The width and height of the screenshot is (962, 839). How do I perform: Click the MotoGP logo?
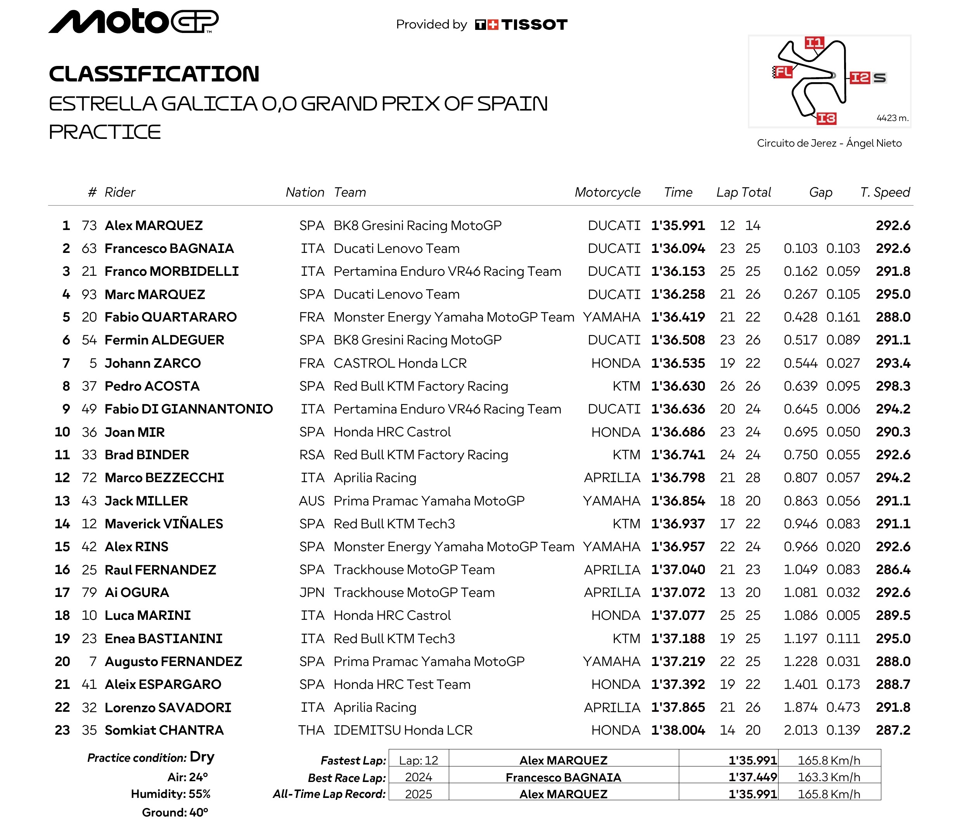point(133,22)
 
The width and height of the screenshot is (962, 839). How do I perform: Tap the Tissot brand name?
point(534,24)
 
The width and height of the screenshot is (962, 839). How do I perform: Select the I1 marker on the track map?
point(814,43)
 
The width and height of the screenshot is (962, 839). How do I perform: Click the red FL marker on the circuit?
point(783,72)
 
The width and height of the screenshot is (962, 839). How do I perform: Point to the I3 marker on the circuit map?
point(826,118)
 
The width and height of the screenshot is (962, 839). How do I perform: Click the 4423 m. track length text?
point(892,118)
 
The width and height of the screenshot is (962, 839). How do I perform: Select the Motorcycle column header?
point(607,192)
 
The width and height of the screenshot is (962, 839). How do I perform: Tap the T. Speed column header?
point(885,192)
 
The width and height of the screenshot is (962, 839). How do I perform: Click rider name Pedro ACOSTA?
point(152,386)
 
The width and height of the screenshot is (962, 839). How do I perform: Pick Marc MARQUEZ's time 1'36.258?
point(677,294)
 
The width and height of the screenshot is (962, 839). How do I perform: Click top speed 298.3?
point(893,386)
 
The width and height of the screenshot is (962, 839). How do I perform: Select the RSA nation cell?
point(312,455)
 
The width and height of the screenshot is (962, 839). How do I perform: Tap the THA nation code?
point(311,730)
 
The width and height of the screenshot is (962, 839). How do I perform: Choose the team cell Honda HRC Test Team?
point(401,685)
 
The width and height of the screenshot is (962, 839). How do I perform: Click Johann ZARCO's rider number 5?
point(93,363)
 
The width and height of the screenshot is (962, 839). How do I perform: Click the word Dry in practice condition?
point(202,757)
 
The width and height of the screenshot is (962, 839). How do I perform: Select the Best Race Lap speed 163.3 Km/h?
point(829,777)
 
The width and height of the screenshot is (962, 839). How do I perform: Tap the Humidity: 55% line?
point(170,794)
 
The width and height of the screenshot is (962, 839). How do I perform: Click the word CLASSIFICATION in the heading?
point(154,74)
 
